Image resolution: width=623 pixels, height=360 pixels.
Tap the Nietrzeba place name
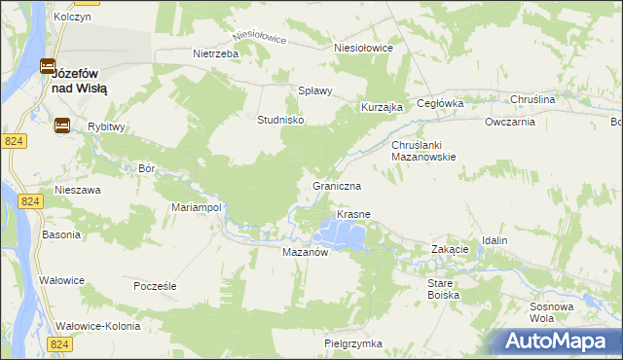click(216, 54)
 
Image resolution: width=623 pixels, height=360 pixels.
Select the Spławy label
click(315, 90)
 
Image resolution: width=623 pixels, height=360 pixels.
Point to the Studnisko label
click(281, 120)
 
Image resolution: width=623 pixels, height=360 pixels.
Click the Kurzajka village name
click(382, 107)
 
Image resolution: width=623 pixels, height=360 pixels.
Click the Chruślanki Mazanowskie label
click(423, 151)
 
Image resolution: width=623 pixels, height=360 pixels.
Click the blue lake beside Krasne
click(345, 234)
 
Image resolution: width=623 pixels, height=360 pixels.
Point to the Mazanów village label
click(308, 251)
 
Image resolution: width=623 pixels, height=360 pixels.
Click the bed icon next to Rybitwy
click(62, 125)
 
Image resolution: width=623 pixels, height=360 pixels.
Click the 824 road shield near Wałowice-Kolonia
click(59, 344)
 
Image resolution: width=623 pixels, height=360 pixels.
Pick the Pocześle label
click(156, 287)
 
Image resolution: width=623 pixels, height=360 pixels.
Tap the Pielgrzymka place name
click(353, 343)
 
